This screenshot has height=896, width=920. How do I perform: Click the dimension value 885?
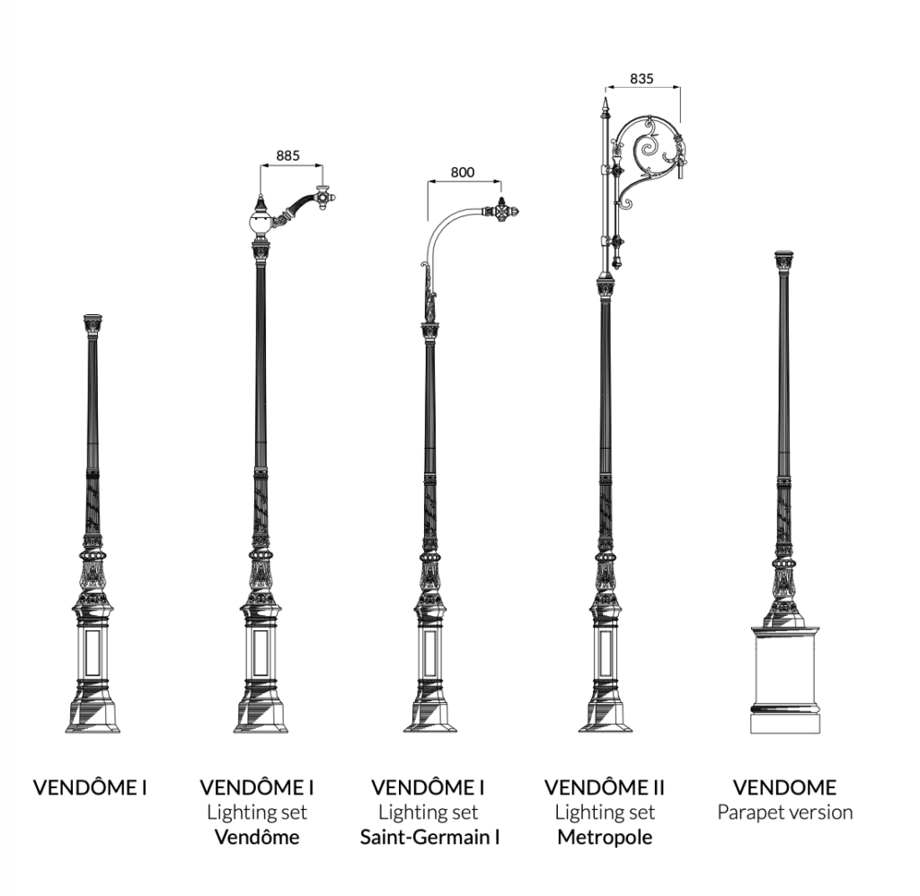287,155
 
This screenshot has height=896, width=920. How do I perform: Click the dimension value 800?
463,172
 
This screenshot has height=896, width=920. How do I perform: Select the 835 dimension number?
641,79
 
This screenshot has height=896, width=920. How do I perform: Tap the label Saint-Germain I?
429,837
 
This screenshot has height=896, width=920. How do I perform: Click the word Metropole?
605,837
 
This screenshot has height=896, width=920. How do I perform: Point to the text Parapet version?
785,813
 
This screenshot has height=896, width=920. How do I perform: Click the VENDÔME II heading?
605,787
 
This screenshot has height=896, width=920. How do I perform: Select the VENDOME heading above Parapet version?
784,787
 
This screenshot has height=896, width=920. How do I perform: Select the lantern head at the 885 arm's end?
323,198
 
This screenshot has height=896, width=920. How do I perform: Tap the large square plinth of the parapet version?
784,680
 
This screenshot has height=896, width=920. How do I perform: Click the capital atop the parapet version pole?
784,263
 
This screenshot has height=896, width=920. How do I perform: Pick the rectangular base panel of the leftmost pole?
93,653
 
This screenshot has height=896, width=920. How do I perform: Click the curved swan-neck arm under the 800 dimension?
441,230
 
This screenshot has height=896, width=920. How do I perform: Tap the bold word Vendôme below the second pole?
257,837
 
